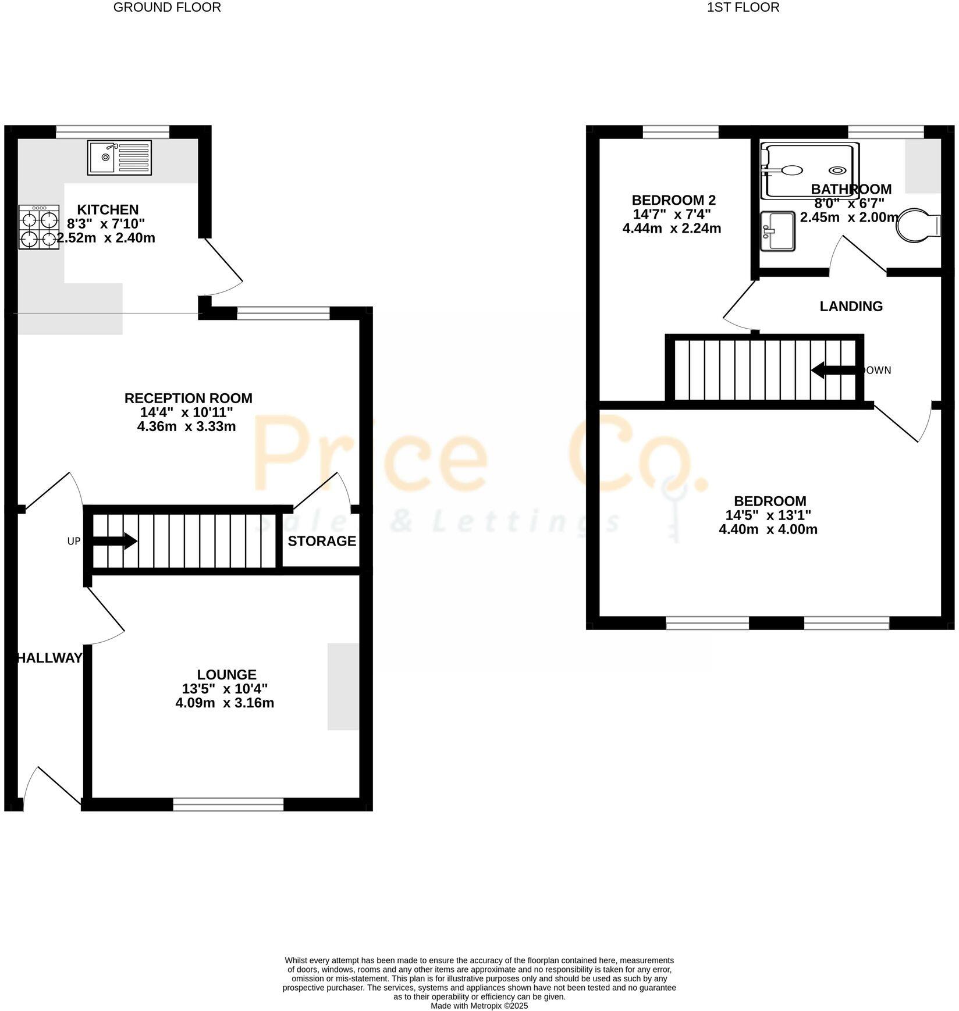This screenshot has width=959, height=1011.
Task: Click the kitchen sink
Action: pyautogui.click(x=119, y=157)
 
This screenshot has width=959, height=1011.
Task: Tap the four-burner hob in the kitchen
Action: pyautogui.click(x=38, y=227)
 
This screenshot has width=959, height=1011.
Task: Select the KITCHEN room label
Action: pyautogui.click(x=108, y=209)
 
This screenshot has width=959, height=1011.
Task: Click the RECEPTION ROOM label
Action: pyautogui.click(x=189, y=398)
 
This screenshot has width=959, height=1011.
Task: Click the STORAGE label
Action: pyautogui.click(x=322, y=541)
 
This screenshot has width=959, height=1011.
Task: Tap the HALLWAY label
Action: pyautogui.click(x=49, y=658)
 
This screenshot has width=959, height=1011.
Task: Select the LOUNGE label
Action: pyautogui.click(x=226, y=675)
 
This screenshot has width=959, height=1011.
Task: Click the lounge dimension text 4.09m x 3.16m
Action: pyautogui.click(x=225, y=703)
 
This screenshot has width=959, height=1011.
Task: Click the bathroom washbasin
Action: pyautogui.click(x=777, y=231)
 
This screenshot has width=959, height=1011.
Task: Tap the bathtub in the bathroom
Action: pyautogui.click(x=809, y=171)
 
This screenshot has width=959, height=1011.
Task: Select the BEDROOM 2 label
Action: pyautogui.click(x=674, y=200)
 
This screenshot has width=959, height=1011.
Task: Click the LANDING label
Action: pyautogui.click(x=851, y=306)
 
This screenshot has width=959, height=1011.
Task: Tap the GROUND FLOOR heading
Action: pyautogui.click(x=167, y=8)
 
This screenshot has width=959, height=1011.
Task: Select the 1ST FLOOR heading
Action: pyautogui.click(x=743, y=8)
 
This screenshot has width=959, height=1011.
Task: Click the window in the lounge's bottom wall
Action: pyautogui.click(x=228, y=804)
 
